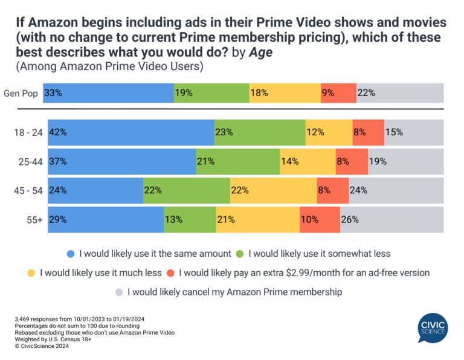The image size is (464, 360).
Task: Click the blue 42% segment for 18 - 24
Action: [131, 132]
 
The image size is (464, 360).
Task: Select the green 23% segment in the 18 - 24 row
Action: [260, 132]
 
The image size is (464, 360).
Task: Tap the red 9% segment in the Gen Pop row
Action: [338, 93]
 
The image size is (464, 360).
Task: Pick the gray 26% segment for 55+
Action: [391, 219]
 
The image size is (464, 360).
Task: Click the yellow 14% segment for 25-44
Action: [308, 161]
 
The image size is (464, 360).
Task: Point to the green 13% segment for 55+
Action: [190, 219]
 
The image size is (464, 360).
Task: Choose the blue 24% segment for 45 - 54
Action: [95, 190]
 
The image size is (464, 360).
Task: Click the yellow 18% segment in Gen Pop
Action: [285, 93]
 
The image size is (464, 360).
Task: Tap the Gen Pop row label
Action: [25, 93]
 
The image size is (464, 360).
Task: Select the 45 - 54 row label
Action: [27, 190]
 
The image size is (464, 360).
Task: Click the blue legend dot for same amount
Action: [71, 253]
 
